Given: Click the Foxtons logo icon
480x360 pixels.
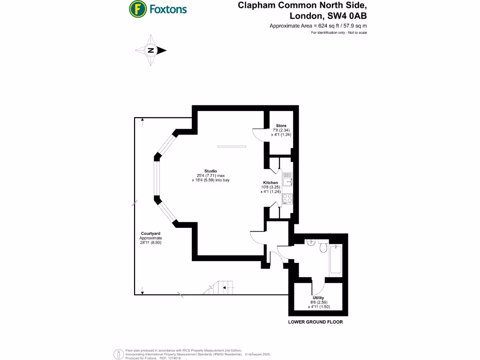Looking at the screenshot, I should click(136, 8).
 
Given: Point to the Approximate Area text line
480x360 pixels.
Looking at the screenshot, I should click(318, 26).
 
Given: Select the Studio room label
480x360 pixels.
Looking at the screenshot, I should click(210, 171).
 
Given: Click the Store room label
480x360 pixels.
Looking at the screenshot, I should click(281, 126).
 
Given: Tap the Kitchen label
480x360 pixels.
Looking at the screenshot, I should click(270, 183).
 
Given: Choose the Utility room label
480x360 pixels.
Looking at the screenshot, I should click(318, 298).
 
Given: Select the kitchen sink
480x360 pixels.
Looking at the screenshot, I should click(287, 180).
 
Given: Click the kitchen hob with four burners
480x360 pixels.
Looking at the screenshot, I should click(287, 199).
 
